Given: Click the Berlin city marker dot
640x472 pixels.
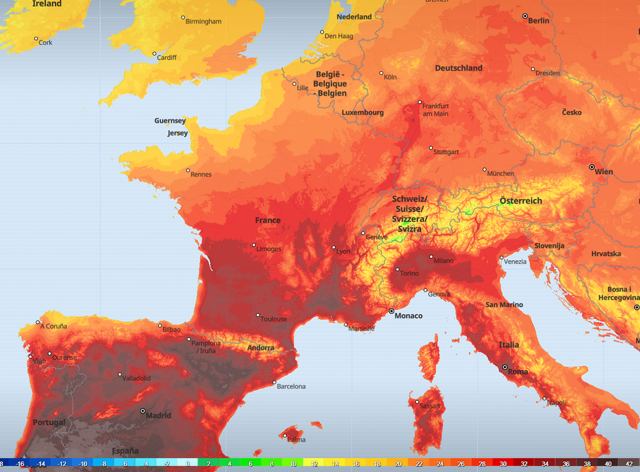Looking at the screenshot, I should tap(525, 16).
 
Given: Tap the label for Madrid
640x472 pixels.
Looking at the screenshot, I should tap(158, 416).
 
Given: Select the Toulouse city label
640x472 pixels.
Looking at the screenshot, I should tap(274, 319).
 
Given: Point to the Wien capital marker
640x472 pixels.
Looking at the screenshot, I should tap(592, 167).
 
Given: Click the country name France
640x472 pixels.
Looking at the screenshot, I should tap(267, 220).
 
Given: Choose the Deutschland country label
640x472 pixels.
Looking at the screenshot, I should tap(459, 68).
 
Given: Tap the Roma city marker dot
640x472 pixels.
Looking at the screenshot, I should tap(505, 366).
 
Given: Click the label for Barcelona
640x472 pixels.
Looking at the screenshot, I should tap(291, 386).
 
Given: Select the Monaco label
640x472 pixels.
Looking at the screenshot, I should tap(409, 316).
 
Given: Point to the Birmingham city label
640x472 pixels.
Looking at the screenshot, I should tap(203, 22).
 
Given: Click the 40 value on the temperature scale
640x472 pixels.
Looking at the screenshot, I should tap(608, 464).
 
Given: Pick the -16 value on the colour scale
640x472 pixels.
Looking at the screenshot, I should tap(20, 464).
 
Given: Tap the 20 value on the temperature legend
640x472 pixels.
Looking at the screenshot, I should tap(398, 464).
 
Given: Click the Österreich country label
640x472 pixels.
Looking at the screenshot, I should tap(521, 201).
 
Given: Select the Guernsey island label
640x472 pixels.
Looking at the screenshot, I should tap(170, 121).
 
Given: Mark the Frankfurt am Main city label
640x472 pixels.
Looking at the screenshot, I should tap(436, 110).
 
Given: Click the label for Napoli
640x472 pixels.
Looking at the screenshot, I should tap(556, 403).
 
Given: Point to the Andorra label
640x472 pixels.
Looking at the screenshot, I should tap(261, 348).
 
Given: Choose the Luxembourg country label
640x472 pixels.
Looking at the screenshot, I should tap(362, 113).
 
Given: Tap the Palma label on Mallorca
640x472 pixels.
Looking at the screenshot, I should tap(296, 440).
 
